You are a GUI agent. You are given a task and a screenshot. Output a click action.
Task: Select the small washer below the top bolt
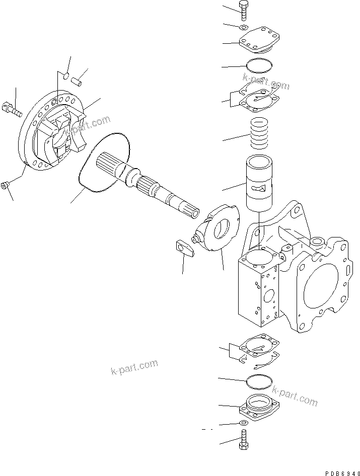pyautogui.click(x=244, y=27)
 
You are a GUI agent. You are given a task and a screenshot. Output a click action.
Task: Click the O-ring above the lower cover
pyautogui.click(x=260, y=382)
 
